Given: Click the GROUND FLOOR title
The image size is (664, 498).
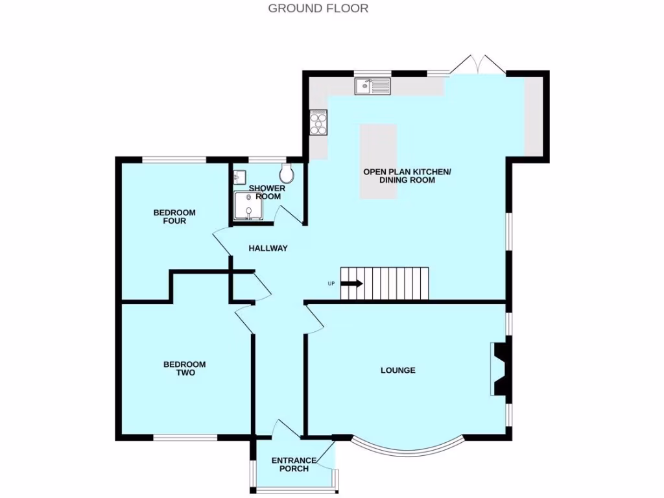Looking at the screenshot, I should click(318, 8).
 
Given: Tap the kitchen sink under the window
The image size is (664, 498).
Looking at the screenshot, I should click(372, 86).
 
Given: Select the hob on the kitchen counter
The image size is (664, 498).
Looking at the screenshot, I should click(318, 122).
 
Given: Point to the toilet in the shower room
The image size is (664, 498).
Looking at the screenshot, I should click(287, 173).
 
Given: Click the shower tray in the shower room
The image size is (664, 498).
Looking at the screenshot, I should click(248, 206).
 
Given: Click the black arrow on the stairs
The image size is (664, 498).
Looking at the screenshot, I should click(351, 283).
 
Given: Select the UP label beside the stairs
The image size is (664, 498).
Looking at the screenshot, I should click(331, 284).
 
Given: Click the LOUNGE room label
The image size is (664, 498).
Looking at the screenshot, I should click(397, 370).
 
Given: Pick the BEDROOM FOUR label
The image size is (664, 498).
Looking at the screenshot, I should click(174, 217).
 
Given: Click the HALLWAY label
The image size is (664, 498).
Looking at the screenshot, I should click(268, 248).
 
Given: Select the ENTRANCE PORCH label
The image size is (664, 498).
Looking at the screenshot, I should click(294, 464).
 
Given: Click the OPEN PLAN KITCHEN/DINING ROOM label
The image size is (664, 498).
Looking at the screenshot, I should click(407, 176).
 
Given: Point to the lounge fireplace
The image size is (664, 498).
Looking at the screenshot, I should click(501, 369).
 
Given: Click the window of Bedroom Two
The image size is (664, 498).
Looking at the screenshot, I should click(185, 438).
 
